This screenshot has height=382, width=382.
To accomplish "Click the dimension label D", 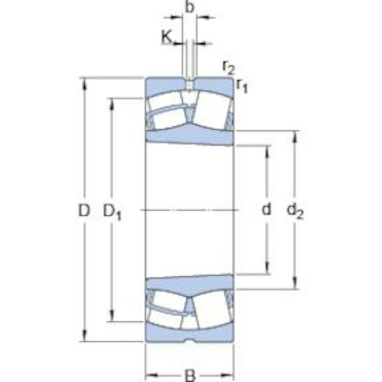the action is point(84,210).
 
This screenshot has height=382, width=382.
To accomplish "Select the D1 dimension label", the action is point(112,212).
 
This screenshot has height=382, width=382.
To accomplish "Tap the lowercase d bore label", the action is point(266,209).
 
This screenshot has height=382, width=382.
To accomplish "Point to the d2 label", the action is point(295,211).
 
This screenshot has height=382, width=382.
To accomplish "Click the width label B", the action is point(190,376).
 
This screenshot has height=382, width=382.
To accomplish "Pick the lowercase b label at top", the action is point(190,6).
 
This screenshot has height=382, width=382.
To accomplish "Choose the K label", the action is point(167,37).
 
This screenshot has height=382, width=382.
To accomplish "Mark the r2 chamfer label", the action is point(228,67).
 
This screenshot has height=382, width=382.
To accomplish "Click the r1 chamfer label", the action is point(242,86).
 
